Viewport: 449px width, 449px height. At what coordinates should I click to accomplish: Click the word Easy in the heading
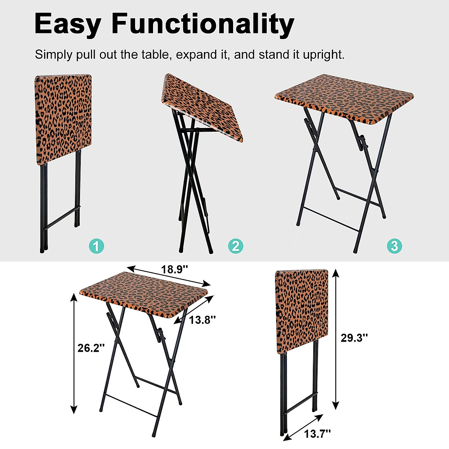pyautogui.click(x=67, y=24)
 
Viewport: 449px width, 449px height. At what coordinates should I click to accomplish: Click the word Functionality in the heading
pyautogui.click(x=203, y=24)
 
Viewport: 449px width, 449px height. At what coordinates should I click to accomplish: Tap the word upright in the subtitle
pyautogui.click(x=323, y=55)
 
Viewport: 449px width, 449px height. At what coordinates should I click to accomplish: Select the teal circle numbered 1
pyautogui.click(x=96, y=246)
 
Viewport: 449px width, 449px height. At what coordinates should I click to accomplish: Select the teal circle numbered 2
pyautogui.click(x=236, y=246)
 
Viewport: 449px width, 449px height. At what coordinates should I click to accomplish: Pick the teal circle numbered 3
pyautogui.click(x=394, y=246)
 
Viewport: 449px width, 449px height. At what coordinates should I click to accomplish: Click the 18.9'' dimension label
pyautogui.click(x=174, y=269)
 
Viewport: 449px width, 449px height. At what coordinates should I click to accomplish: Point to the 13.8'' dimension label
pyautogui.click(x=202, y=320)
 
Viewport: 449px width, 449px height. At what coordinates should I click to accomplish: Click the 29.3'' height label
pyautogui.click(x=354, y=338)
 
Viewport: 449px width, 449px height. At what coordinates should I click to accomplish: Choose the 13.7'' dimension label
pyautogui.click(x=317, y=434)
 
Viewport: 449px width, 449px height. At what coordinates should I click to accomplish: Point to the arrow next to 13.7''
pyautogui.click(x=303, y=426)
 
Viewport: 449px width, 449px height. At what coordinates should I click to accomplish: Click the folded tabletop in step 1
pyautogui.click(x=64, y=119)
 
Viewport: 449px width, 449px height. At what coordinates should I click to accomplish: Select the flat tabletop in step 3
pyautogui.click(x=344, y=98)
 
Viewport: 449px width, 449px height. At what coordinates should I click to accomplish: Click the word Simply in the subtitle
pyautogui.click(x=54, y=55)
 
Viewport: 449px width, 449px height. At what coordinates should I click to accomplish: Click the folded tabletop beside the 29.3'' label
pyautogui.click(x=302, y=311)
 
